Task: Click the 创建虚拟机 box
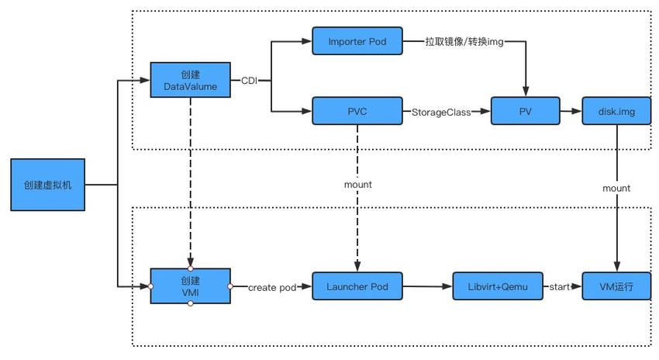point(47,185)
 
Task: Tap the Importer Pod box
point(357,40)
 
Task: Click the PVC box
point(357,111)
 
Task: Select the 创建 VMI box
point(190,286)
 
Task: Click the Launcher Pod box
point(357,286)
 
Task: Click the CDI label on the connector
point(250,81)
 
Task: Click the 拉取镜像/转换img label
point(464,40)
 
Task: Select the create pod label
point(271,287)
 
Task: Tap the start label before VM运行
point(560,287)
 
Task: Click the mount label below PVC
point(357,185)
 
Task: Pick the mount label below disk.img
point(616,188)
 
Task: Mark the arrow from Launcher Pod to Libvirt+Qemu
point(428,287)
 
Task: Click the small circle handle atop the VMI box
point(190,268)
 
